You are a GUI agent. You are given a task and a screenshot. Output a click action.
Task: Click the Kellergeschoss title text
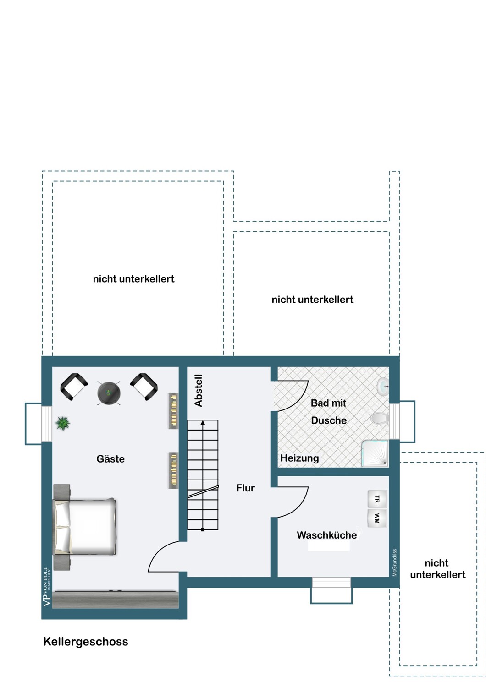tap(86, 641)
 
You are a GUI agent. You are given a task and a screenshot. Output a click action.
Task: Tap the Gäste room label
tap(110, 459)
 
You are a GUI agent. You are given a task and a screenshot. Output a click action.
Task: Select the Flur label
tap(245, 488)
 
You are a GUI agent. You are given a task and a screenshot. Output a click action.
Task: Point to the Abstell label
tap(199, 390)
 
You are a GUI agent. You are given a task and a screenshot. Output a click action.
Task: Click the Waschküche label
tap(326, 535)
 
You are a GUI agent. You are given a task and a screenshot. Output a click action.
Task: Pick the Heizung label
tap(299, 458)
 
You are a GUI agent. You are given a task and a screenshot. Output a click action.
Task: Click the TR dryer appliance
tap(377, 499)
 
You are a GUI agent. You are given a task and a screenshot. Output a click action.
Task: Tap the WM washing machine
tap(377, 518)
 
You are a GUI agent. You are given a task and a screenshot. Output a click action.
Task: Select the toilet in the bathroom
tap(379, 418)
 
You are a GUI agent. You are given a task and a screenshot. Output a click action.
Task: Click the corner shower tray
tap(375, 453)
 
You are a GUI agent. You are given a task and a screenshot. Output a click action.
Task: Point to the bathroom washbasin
tap(383, 387)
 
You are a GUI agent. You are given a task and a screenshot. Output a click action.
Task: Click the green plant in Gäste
tap(62, 423)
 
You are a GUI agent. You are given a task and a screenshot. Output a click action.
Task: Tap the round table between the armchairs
tap(109, 393)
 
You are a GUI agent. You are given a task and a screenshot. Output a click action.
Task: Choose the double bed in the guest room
tap(85, 527)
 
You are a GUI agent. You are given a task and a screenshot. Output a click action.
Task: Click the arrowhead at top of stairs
tap(203, 423)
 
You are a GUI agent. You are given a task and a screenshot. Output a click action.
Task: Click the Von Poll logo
tap(47, 587)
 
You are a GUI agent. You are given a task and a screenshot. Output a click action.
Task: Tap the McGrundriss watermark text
tap(395, 562)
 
